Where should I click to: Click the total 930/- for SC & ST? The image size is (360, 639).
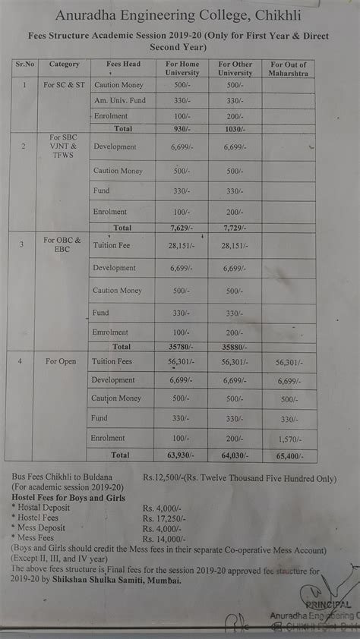(x=181, y=129)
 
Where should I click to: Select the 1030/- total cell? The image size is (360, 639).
(x=234, y=129)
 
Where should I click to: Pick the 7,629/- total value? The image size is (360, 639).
(x=181, y=228)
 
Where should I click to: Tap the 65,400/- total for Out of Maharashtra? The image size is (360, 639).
(x=289, y=456)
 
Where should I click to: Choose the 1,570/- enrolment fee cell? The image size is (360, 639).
(x=289, y=439)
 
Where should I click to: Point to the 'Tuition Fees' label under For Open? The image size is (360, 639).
(x=112, y=362)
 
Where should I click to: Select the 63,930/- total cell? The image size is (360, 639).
(x=181, y=455)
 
